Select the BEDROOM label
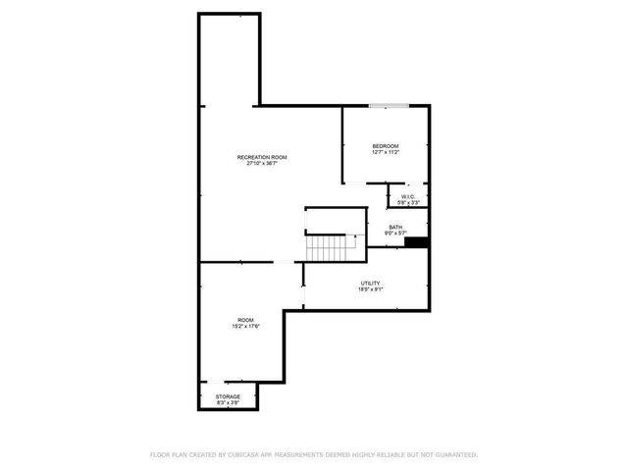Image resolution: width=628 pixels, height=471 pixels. [385, 146]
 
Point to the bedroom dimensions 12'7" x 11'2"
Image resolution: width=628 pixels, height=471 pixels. [385, 153]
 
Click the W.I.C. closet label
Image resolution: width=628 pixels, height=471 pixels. [408, 196]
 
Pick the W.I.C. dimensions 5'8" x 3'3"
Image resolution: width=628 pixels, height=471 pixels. [408, 203]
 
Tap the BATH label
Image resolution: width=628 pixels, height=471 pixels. [394, 227]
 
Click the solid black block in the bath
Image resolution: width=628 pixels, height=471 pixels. [417, 241]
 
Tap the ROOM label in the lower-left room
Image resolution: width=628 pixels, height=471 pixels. [245, 320]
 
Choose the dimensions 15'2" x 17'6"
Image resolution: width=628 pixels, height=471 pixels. [245, 327]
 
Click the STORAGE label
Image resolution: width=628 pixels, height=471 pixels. [228, 396]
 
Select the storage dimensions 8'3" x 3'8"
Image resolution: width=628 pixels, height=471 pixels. [228, 403]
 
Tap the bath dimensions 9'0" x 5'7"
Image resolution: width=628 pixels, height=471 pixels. [394, 234]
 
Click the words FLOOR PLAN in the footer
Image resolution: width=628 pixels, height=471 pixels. [168, 455]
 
